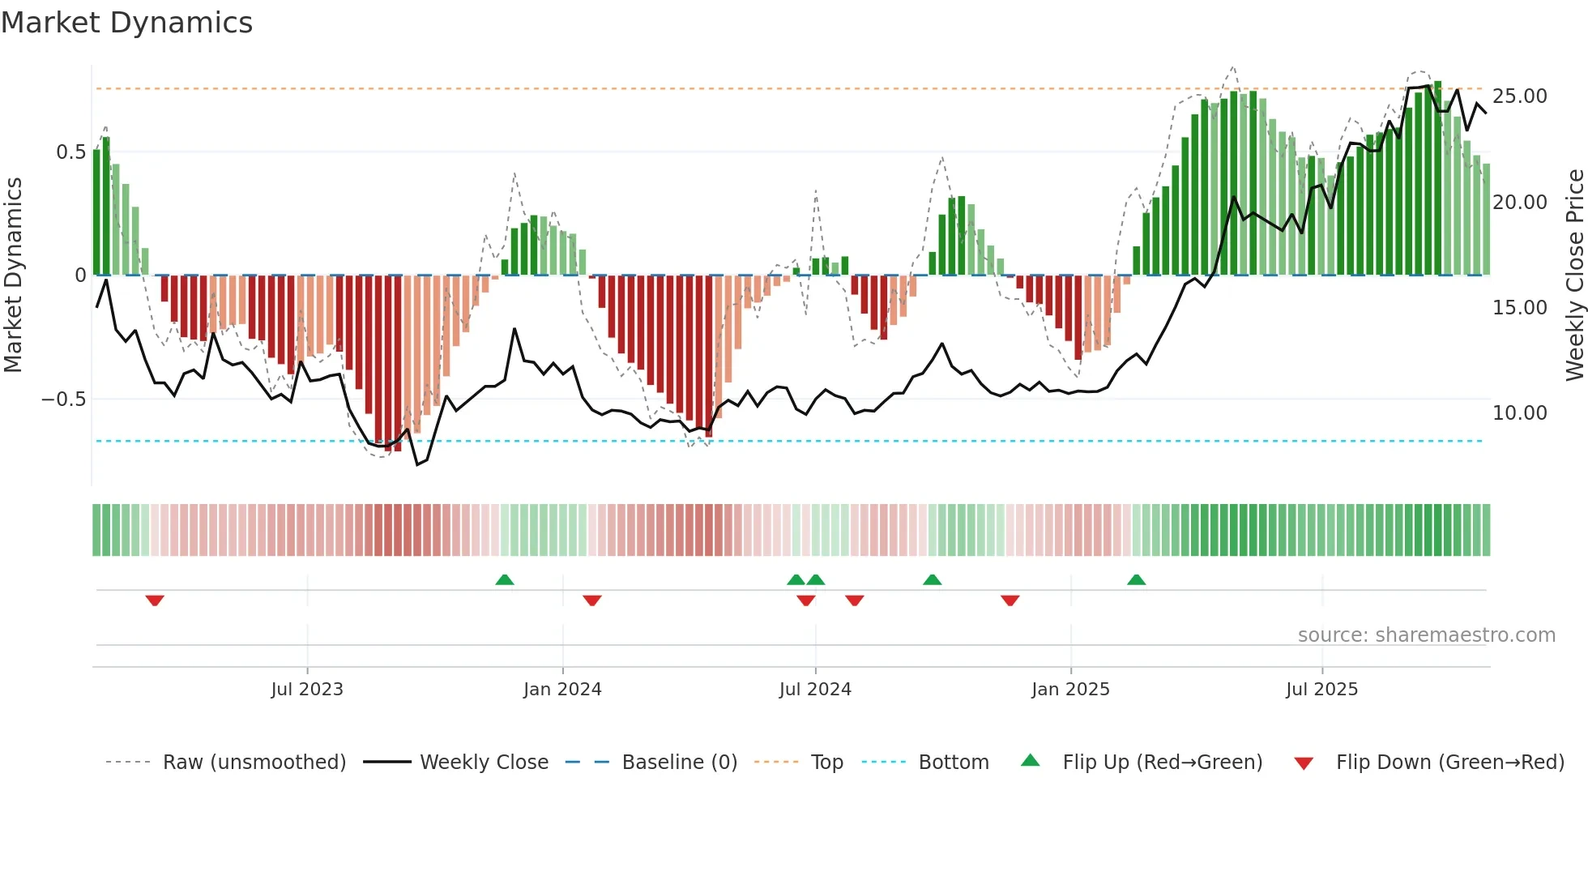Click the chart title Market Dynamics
126,23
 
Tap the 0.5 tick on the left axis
70,152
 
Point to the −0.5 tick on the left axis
63,399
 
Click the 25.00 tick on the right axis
1519,96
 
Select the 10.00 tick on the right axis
1519,413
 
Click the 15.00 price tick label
1519,308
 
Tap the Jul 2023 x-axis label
307,690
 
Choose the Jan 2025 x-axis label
1070,690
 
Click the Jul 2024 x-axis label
815,690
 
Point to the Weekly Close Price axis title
1574,276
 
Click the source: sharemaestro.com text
1426,635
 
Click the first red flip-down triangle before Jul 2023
155,600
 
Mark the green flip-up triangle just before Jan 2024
505,579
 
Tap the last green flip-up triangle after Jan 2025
1137,579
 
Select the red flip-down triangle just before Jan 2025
1010,600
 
